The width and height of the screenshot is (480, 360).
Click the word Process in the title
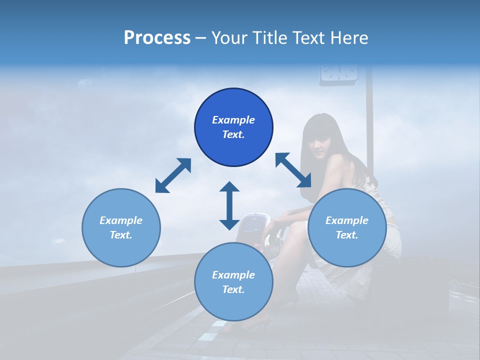pyautogui.click(x=157, y=38)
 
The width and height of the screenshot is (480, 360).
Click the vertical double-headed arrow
pyautogui.click(x=229, y=205)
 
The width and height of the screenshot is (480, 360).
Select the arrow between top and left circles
pyautogui.click(x=173, y=175)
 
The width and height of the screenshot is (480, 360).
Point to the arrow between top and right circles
pyautogui.click(x=293, y=170)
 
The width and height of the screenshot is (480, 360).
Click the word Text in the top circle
pyautogui.click(x=233, y=134)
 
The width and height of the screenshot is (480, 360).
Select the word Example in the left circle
pyautogui.click(x=121, y=220)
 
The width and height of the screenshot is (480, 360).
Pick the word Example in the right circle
pyautogui.click(x=347, y=220)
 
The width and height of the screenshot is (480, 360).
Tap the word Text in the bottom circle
pyautogui.click(x=233, y=289)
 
